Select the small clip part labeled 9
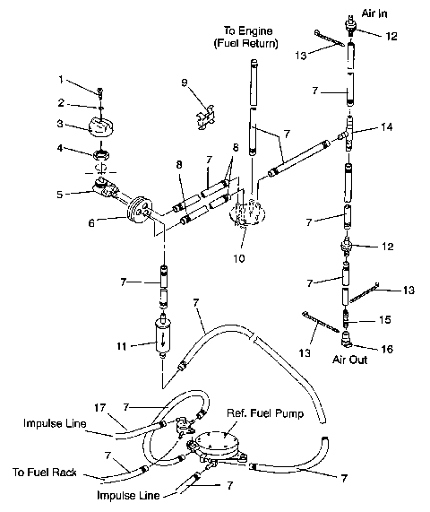tap(204, 115)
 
